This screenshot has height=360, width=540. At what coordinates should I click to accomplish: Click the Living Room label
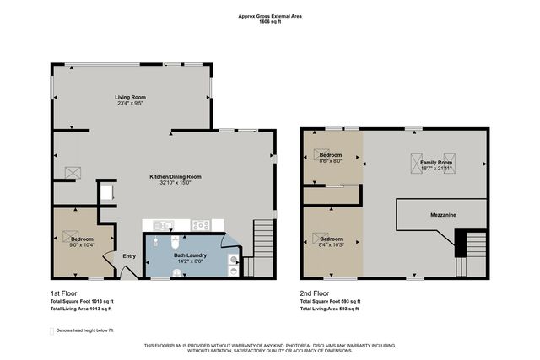(132, 98)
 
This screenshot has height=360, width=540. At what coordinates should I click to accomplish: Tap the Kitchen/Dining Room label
(175, 176)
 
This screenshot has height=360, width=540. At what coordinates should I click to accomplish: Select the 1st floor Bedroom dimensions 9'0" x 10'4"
(82, 244)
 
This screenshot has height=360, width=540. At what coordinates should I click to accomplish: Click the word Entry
(129, 256)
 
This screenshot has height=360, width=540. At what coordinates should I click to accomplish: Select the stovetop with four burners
(201, 224)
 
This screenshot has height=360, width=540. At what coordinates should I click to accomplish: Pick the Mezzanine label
(445, 216)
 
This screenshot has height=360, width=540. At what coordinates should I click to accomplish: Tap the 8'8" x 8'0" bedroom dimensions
(330, 161)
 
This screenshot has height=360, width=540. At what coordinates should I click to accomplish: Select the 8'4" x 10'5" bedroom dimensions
(330, 244)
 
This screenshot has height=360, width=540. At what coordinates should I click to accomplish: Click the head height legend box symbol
(53, 330)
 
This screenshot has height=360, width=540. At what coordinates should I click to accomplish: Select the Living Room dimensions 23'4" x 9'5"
(132, 104)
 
